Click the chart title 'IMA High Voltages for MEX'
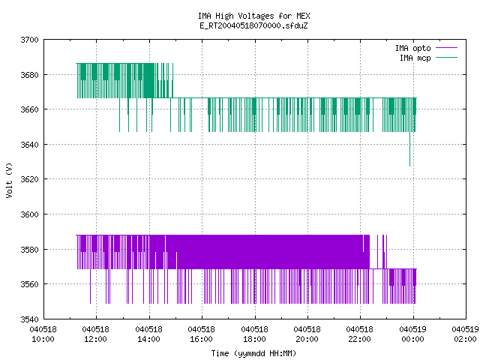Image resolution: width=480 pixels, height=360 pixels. point(254,16)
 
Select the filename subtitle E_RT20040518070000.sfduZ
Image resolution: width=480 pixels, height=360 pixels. point(253,25)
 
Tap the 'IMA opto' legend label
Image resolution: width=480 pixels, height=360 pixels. point(413,48)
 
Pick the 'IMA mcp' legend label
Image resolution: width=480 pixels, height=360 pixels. point(415,58)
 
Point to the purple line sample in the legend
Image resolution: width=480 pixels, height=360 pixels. point(447,48)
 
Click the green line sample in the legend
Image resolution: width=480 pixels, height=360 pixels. point(447,57)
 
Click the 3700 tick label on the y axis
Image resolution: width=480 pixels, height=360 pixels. point(30,40)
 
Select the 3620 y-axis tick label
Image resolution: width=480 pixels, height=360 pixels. point(30,179)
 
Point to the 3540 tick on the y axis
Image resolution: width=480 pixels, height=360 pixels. point(30,319)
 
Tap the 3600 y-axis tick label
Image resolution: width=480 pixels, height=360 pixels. point(30,214)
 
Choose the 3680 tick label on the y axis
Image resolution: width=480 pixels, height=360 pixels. point(30,75)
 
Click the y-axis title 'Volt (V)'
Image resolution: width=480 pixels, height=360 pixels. point(10,181)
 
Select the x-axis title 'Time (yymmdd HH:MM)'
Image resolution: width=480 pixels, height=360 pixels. point(253,353)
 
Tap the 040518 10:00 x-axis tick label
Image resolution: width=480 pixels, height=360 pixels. point(43,334)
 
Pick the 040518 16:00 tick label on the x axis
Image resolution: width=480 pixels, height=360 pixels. point(202,334)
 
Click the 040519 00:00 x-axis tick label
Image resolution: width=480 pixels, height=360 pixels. point(413,334)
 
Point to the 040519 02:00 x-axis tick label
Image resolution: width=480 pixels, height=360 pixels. point(465,334)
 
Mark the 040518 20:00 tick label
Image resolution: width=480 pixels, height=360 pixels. point(307,334)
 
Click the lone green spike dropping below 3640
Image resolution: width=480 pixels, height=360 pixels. point(410,149)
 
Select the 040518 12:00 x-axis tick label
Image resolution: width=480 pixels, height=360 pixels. point(96,334)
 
